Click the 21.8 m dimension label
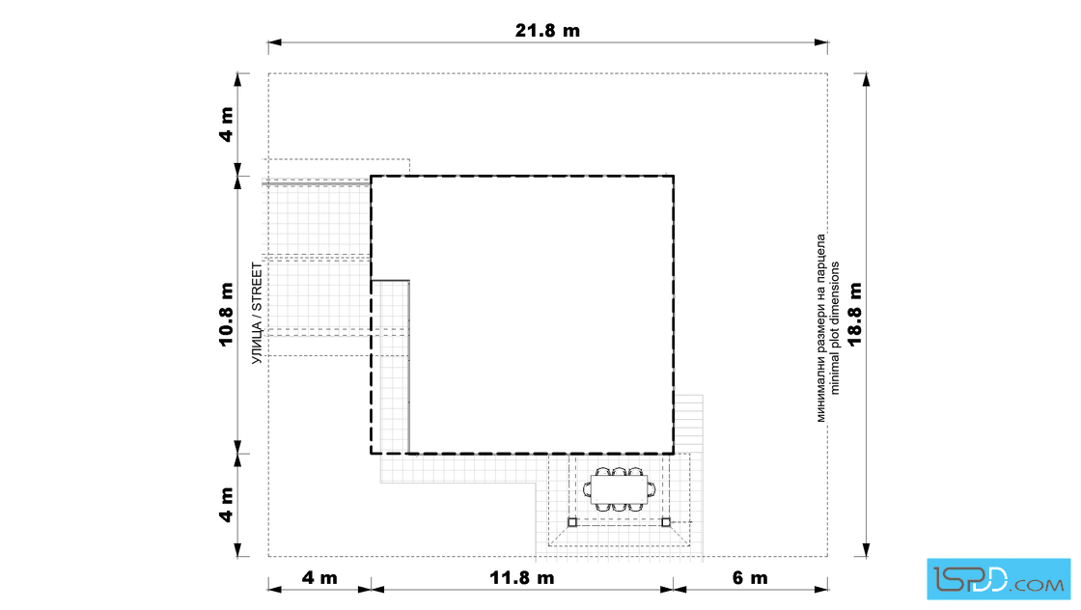(547, 30)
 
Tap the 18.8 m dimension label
(855, 314)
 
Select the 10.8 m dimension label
(227, 315)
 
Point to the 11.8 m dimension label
(522, 577)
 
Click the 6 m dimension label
(749, 577)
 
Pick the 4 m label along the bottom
(319, 577)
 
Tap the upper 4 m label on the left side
(227, 125)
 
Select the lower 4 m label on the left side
(227, 505)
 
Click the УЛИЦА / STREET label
(257, 313)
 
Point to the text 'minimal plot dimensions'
(835, 327)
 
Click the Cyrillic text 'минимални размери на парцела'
(820, 327)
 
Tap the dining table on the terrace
(619, 489)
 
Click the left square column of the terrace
(572, 522)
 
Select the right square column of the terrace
(666, 522)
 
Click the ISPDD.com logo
(998, 579)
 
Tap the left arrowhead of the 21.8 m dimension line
(274, 42)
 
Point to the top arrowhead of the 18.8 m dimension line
(867, 79)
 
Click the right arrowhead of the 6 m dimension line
(821, 590)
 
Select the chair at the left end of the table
(588, 489)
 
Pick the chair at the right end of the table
(651, 489)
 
